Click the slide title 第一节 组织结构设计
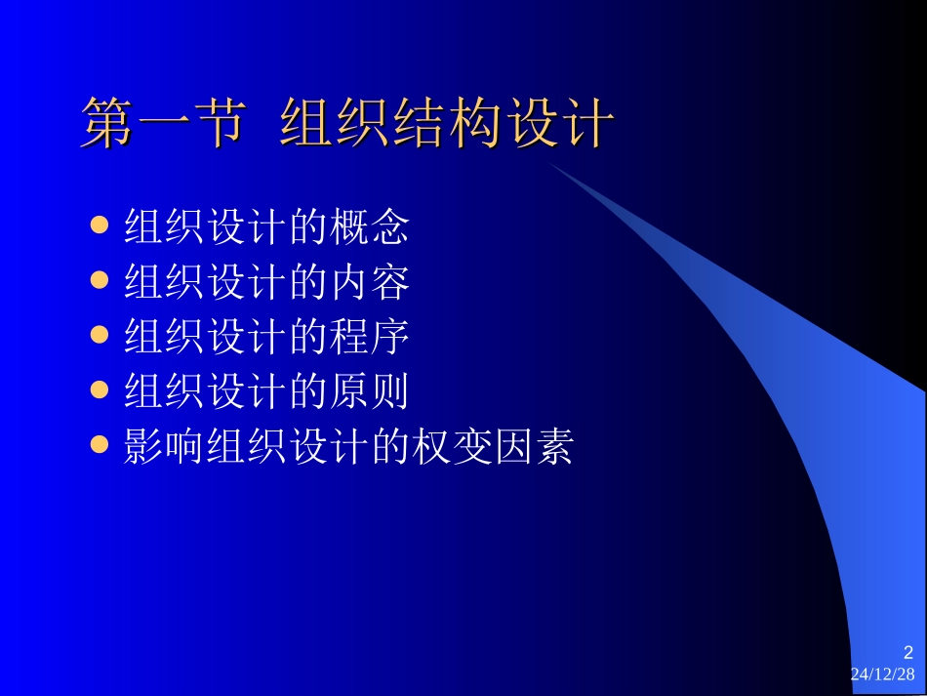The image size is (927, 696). pyautogui.click(x=347, y=124)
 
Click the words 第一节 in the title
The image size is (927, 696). pyautogui.click(x=161, y=124)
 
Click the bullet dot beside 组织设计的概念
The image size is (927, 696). pyautogui.click(x=99, y=226)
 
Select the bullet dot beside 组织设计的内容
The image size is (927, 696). pyautogui.click(x=99, y=281)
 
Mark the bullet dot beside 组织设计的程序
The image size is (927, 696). pyautogui.click(x=99, y=336)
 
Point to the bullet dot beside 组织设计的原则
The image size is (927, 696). pyautogui.click(x=99, y=390)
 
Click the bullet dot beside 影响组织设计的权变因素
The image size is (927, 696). pyautogui.click(x=99, y=445)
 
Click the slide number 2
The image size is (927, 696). pyautogui.click(x=907, y=653)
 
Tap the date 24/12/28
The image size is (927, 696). pyautogui.click(x=883, y=675)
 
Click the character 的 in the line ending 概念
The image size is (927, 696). pyautogui.click(x=307, y=227)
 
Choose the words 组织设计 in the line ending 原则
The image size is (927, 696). pyautogui.click(x=206, y=391)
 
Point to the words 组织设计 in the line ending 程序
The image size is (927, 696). pyautogui.click(x=206, y=337)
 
